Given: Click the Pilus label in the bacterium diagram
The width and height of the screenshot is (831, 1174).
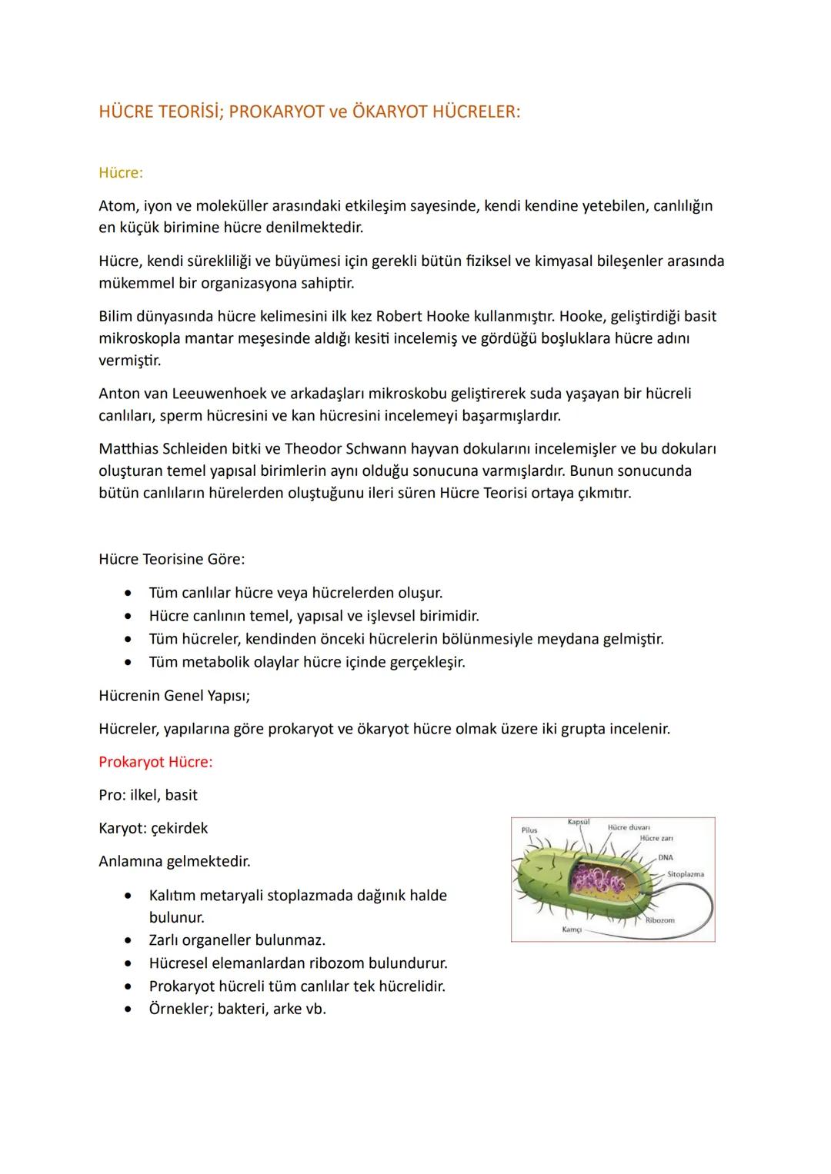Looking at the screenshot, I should point(529,830).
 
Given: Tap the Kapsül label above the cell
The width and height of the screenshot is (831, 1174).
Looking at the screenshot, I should point(579,822).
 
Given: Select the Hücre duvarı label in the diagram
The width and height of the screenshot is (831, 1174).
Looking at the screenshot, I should point(629,827).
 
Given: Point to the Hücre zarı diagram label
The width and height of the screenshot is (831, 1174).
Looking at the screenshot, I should point(656,838).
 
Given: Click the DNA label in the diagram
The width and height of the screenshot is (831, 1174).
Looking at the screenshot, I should point(666,857).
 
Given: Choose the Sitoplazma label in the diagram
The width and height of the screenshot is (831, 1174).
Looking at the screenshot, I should point(685,874).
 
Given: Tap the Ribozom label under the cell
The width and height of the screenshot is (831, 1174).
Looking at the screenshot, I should point(659,920).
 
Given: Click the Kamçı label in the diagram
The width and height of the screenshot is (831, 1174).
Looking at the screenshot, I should point(572,930).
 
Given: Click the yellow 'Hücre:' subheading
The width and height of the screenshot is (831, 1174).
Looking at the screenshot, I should point(121,173).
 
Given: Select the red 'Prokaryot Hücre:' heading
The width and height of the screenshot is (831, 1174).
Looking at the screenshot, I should point(155,762).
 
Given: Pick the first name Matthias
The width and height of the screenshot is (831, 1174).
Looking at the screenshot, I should point(129,448).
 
